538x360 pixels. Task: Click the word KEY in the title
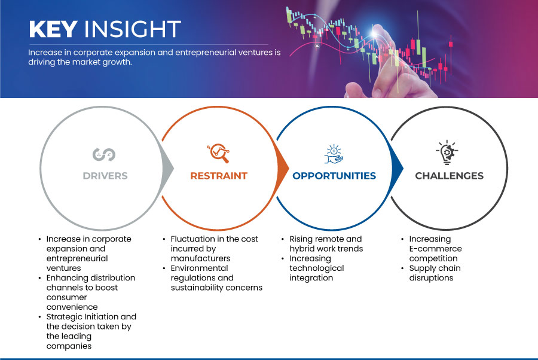(53, 29)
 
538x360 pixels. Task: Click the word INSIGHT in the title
(133, 29)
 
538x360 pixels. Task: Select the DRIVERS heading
(105, 176)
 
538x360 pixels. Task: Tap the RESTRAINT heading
(219, 176)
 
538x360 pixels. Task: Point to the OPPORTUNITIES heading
(334, 176)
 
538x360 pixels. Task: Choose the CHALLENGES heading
(449, 176)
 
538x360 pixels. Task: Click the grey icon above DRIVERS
(104, 154)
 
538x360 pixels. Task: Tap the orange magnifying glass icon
(218, 153)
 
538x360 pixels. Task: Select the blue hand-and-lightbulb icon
(334, 154)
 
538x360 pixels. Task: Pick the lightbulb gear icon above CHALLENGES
(447, 152)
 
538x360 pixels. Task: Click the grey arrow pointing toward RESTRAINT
(167, 168)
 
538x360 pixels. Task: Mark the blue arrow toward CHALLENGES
(397, 168)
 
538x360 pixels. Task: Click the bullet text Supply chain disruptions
(435, 273)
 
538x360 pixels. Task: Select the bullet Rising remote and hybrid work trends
(326, 244)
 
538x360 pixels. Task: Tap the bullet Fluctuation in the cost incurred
(214, 249)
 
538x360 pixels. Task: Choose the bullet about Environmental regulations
(216, 278)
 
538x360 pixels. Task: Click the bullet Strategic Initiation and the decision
(91, 331)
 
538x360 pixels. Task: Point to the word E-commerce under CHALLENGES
(435, 249)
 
